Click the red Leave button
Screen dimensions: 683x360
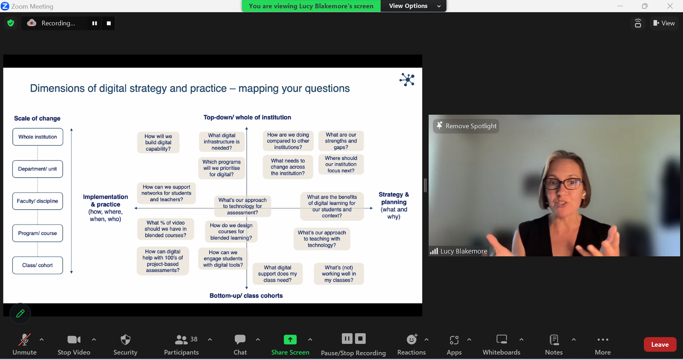point(660,345)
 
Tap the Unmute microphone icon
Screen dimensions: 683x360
point(24,340)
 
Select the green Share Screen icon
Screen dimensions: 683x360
point(290,339)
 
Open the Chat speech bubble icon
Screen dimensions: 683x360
point(240,339)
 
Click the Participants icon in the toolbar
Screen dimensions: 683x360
point(181,340)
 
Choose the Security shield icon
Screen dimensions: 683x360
point(126,340)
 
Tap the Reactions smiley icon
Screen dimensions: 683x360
point(412,339)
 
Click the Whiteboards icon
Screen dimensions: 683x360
point(502,339)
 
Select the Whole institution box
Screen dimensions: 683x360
point(38,137)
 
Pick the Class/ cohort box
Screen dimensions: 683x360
point(38,266)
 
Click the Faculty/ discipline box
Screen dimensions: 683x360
point(38,201)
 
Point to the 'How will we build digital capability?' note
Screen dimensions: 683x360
point(158,143)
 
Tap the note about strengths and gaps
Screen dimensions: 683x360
point(341,141)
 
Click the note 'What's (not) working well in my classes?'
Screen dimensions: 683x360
point(339,274)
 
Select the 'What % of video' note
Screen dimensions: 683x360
point(166,229)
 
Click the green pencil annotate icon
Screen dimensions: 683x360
point(20,313)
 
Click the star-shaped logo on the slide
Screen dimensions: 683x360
point(407,79)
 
